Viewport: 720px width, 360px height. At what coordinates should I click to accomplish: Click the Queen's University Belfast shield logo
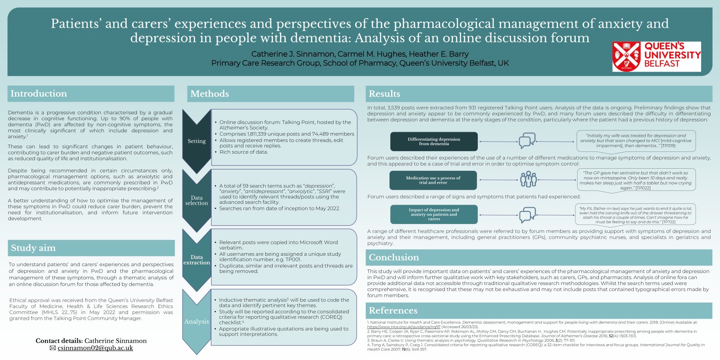tap(626, 56)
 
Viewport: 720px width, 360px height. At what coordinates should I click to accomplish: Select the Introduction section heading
tap(39, 94)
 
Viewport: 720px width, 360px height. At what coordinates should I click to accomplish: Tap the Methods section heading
tap(210, 94)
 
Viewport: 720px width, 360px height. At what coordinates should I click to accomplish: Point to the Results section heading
tap(384, 94)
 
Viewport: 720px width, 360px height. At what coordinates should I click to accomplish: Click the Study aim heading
tap(33, 248)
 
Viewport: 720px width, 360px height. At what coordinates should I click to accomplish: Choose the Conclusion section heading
tap(394, 257)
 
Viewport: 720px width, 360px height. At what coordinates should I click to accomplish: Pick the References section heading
tap(393, 311)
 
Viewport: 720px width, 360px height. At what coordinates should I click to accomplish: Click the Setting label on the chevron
tap(197, 141)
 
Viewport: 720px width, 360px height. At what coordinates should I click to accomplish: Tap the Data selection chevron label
tap(197, 200)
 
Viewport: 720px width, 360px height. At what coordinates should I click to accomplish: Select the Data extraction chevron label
tap(197, 260)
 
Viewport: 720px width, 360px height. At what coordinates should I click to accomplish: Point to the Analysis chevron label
tap(197, 321)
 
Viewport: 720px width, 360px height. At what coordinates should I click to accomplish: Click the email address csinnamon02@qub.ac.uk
tap(95, 348)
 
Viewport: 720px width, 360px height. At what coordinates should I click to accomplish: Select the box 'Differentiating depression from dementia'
tap(434, 142)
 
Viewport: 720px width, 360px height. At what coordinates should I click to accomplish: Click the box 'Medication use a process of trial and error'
tap(433, 180)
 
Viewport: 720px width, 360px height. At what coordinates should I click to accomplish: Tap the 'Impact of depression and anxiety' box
tap(434, 214)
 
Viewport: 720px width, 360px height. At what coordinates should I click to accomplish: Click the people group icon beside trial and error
tap(529, 179)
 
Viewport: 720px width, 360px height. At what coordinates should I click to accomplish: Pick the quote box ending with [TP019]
tap(636, 141)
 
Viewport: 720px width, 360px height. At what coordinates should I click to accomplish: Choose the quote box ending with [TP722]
tap(635, 215)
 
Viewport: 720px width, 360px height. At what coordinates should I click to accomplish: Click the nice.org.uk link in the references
tap(404, 327)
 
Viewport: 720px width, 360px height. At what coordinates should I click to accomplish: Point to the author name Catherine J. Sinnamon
tap(293, 54)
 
